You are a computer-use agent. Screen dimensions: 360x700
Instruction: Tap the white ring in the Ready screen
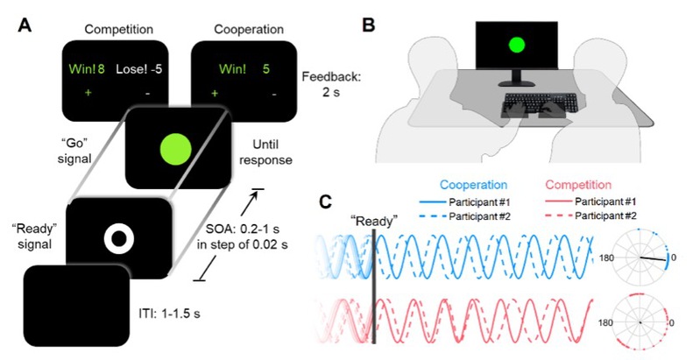pos(117,237)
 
